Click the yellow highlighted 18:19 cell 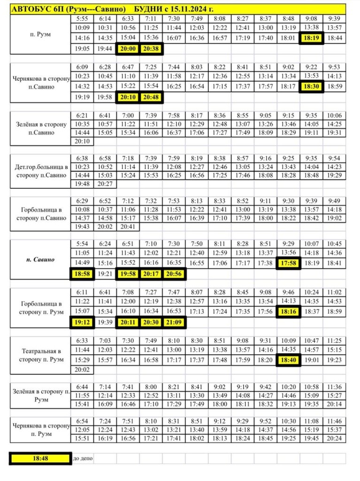point(311,38)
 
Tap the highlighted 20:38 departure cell point(151,48)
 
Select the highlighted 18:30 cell point(311,86)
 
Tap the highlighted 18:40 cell point(288,360)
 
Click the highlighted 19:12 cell point(82,322)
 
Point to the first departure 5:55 point(82,19)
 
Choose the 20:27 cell point(105,184)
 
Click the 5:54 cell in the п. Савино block point(82,243)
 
